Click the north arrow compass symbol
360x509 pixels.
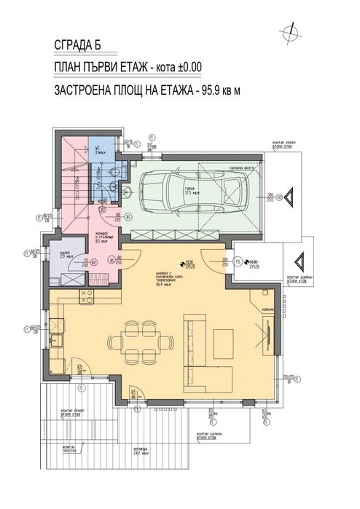[x=292, y=30]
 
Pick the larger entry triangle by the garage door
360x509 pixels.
[x=289, y=197]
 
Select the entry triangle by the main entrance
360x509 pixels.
[x=299, y=262]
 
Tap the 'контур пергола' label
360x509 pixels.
[x=69, y=448]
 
